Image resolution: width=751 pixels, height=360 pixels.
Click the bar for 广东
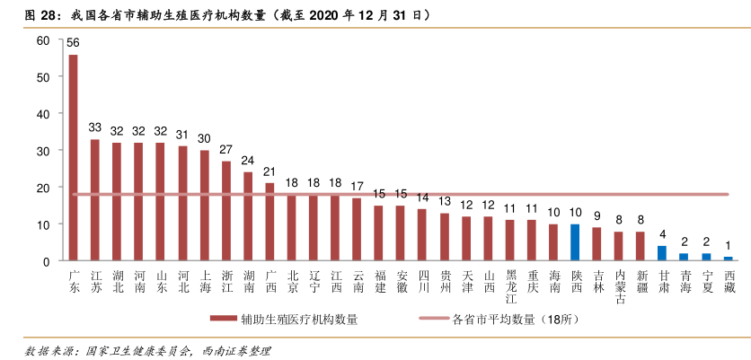(x=73, y=157)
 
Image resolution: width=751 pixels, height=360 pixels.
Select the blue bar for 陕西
(x=576, y=242)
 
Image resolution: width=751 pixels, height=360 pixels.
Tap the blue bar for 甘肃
(x=662, y=253)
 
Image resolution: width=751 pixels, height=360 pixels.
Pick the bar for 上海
(x=204, y=206)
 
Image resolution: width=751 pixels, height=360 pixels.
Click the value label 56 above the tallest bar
(x=73, y=43)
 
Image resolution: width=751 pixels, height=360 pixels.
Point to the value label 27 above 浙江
(x=226, y=149)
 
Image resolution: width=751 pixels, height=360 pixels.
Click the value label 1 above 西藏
(x=728, y=244)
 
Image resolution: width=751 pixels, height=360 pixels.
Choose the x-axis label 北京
(x=292, y=282)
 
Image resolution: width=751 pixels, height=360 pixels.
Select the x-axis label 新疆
(x=641, y=282)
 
